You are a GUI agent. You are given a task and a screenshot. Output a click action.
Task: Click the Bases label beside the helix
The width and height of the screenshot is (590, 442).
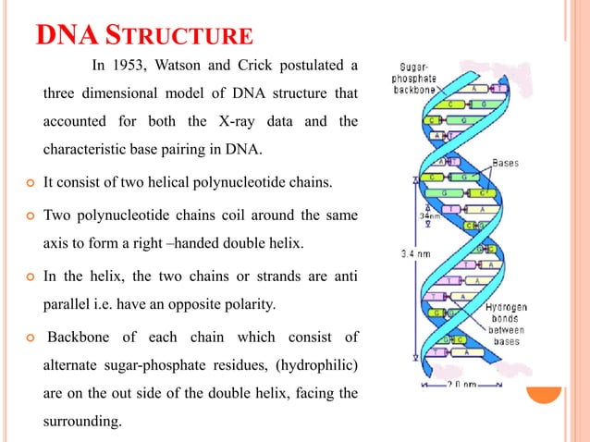pos(505,163)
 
